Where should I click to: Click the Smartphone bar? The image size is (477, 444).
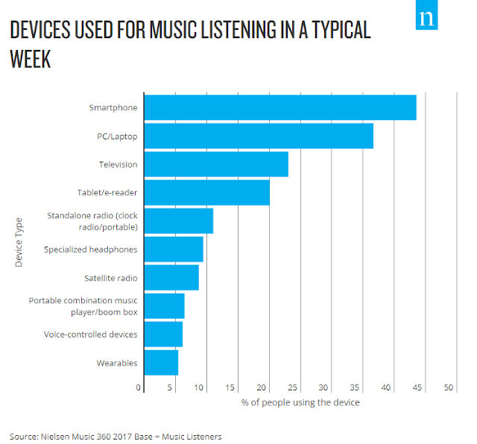pyautogui.click(x=279, y=108)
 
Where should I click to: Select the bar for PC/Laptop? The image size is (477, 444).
pyautogui.click(x=258, y=136)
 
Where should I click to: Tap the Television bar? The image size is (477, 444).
pyautogui.click(x=215, y=165)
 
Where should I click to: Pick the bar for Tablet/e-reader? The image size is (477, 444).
pyautogui.click(x=206, y=193)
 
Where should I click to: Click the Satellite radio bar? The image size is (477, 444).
pyautogui.click(x=171, y=278)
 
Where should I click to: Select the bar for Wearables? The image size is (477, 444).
pyautogui.click(x=160, y=363)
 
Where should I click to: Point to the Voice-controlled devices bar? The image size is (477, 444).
pyautogui.click(x=162, y=334)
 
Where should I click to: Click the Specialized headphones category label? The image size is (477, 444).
pyautogui.click(x=90, y=250)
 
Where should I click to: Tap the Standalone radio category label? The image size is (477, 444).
pyautogui.click(x=92, y=221)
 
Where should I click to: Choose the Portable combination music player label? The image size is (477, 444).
pyautogui.click(x=83, y=306)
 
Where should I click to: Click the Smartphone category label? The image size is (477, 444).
pyautogui.click(x=113, y=108)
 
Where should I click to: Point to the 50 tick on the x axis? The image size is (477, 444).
pyautogui.click(x=448, y=388)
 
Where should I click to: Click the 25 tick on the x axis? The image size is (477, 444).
pyautogui.click(x=293, y=388)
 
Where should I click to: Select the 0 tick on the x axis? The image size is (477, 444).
pyautogui.click(x=139, y=388)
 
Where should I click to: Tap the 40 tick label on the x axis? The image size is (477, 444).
pyautogui.click(x=386, y=388)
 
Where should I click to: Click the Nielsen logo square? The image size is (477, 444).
pyautogui.click(x=427, y=19)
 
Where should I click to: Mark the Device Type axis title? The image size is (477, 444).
pyautogui.click(x=19, y=241)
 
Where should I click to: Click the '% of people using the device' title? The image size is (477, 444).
pyautogui.click(x=300, y=402)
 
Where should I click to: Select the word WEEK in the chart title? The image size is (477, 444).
pyautogui.click(x=31, y=60)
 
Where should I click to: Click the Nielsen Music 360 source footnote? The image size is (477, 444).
pyautogui.click(x=116, y=436)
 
